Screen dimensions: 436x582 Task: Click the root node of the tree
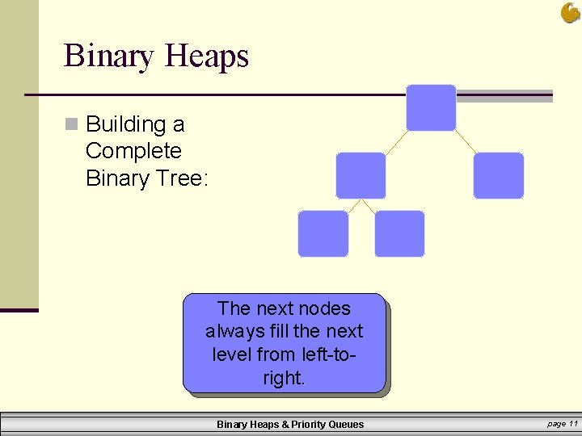(431, 107)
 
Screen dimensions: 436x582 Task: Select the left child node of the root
(361, 175)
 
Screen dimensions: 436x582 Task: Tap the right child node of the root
(498, 175)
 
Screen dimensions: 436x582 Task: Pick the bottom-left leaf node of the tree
(323, 233)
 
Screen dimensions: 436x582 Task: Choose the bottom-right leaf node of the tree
(399, 233)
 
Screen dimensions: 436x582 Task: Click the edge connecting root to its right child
(466, 141)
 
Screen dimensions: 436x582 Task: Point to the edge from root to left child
(396, 141)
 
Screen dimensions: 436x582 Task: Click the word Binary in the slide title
(109, 56)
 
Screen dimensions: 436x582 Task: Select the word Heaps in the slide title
(206, 56)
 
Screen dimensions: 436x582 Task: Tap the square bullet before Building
(72, 124)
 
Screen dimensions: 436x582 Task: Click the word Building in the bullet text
(125, 124)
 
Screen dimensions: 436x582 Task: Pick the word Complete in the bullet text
(133, 151)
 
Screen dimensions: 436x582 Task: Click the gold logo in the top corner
(570, 12)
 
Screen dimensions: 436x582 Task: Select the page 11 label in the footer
(562, 424)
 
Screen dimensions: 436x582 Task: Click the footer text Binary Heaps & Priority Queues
(290, 425)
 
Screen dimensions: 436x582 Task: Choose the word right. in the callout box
(284, 378)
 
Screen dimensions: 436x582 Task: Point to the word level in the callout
(231, 354)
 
